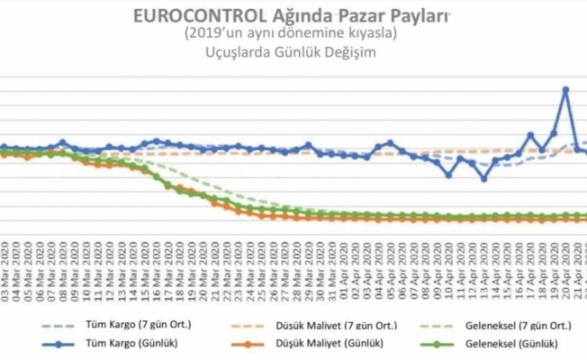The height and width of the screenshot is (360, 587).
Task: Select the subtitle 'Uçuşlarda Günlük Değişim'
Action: pos(290,52)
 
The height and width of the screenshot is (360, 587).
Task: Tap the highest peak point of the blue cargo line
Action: pos(565,90)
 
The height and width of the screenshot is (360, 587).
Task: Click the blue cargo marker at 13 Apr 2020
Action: pos(483,178)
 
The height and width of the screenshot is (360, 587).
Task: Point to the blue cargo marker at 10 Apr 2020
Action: pos(448,175)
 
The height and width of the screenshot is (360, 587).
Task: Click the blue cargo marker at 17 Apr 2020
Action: pos(530,136)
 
